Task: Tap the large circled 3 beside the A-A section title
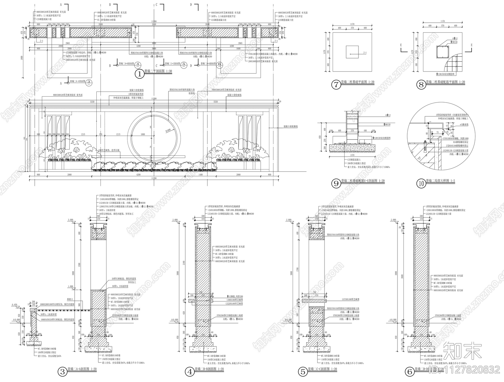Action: (x=63, y=372)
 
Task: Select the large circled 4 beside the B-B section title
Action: (x=190, y=372)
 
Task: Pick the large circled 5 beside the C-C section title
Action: (x=303, y=372)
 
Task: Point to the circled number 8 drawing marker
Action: (x=421, y=84)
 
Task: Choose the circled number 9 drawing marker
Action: (x=336, y=183)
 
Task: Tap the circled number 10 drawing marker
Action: (x=421, y=183)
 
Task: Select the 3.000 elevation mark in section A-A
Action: (x=71, y=220)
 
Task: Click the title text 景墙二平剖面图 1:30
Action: (x=158, y=72)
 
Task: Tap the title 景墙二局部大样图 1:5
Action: (x=440, y=181)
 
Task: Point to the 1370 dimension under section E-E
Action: (x=352, y=155)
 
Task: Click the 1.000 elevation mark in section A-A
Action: (x=71, y=286)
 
